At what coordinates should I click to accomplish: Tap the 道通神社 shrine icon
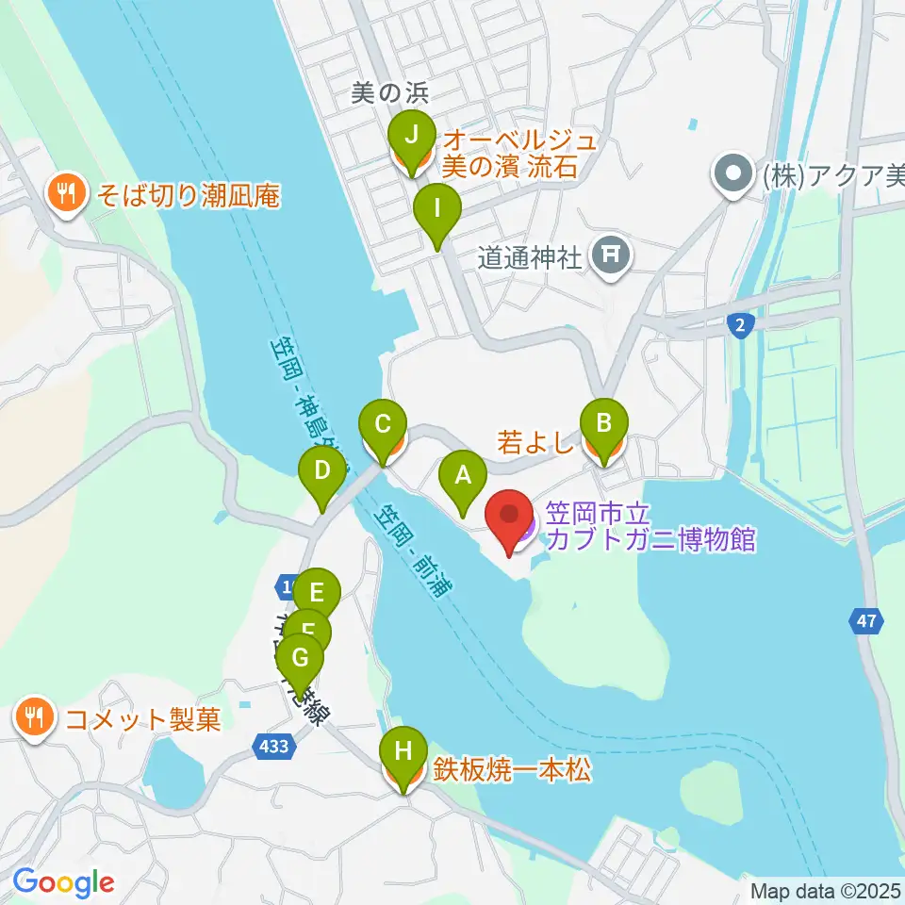tap(611, 255)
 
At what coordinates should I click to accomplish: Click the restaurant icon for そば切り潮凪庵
tap(65, 195)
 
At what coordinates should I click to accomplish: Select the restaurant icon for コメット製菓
tap(35, 719)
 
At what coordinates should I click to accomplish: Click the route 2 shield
tap(741, 323)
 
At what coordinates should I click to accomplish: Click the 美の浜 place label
tap(389, 92)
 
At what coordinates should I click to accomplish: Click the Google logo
tap(63, 882)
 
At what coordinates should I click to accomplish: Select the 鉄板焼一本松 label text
tap(512, 771)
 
